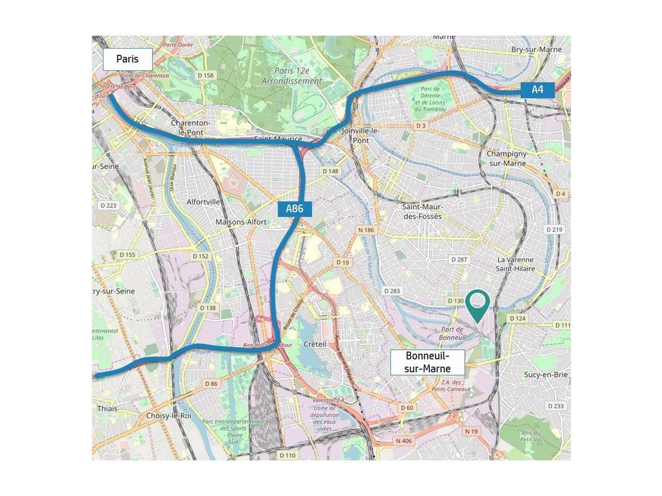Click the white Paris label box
tap(128, 59)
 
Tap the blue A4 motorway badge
tap(537, 89)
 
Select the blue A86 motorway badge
tap(294, 209)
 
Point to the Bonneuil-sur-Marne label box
tap(427, 362)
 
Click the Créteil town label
tap(315, 344)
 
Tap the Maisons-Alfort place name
tap(240, 222)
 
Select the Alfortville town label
tap(203, 202)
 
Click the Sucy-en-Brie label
tap(546, 375)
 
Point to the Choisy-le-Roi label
tap(169, 415)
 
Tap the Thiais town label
tap(107, 408)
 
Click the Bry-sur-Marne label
tap(536, 50)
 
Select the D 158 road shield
tap(205, 75)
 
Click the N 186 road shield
tap(366, 230)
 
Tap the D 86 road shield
tap(211, 384)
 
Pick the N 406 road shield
tap(404, 441)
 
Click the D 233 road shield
tap(555, 406)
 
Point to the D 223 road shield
tap(108, 205)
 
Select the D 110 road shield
tap(288, 455)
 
